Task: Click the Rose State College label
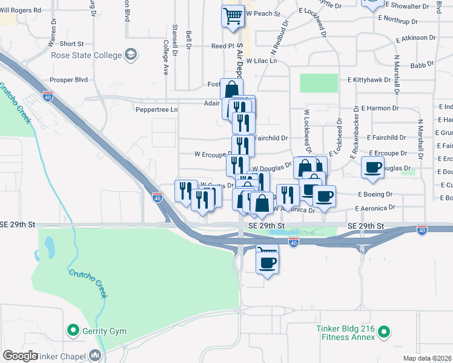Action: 87,56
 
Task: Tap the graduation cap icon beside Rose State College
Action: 130,56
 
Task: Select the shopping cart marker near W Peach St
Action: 233,17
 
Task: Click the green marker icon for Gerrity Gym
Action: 73,330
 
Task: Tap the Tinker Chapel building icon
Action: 95,355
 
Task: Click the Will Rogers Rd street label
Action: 21,10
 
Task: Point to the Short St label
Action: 71,44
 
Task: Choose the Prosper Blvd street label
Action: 70,80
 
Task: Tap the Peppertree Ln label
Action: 157,110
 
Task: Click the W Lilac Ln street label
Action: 261,61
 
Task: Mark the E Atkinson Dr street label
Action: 416,38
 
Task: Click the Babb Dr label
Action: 422,65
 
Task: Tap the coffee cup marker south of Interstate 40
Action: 267,261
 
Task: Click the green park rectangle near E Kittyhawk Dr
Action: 319,83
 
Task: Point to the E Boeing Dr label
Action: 375,194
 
